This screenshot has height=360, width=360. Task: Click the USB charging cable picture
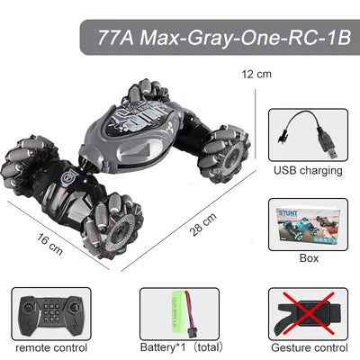[x=307, y=134]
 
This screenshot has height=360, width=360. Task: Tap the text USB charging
[x=307, y=169]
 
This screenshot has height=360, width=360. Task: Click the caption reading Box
[x=309, y=258]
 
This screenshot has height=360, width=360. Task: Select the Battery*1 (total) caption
[x=178, y=346]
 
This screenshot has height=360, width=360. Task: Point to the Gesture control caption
[x=308, y=346]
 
